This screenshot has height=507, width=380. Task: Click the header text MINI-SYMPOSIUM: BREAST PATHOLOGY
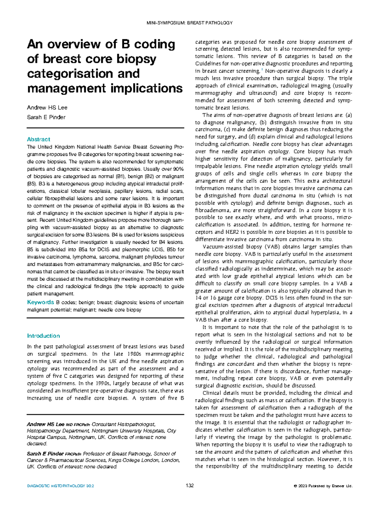click(190, 23)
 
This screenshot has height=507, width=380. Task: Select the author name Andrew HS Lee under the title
click(47, 107)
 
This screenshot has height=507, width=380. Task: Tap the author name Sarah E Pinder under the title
click(46, 117)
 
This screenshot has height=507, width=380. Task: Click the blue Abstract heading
click(39, 139)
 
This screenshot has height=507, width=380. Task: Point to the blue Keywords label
click(41, 302)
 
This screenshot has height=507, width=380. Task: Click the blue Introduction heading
click(43, 336)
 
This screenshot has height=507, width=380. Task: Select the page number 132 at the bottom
click(190, 486)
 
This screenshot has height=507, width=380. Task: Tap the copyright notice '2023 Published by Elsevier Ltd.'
click(325, 486)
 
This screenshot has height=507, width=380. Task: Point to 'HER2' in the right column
click(233, 232)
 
